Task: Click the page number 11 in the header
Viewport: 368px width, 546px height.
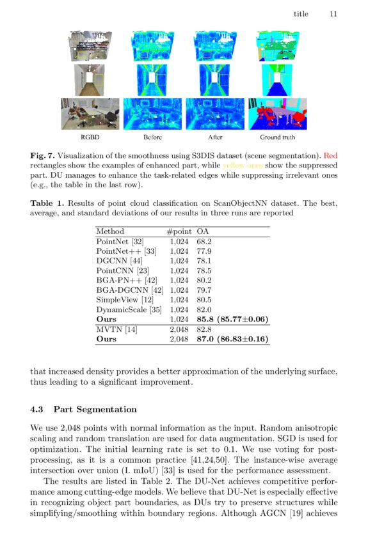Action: coord(333,13)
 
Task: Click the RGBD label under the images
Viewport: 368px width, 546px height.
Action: coord(90,137)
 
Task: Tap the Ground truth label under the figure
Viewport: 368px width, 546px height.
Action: coord(277,137)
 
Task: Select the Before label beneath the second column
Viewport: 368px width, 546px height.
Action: coord(152,137)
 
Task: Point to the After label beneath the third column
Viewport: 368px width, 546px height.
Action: coord(215,137)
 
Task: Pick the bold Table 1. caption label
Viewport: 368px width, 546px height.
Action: coord(47,203)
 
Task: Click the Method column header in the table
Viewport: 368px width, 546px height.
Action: coord(109,231)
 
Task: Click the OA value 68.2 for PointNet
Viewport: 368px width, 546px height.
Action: coord(204,242)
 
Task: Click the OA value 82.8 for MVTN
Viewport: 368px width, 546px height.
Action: coord(204,329)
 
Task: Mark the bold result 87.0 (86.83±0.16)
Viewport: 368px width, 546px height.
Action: coord(232,339)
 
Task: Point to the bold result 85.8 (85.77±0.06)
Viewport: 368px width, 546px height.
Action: coord(232,319)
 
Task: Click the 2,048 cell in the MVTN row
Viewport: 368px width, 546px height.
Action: coord(179,329)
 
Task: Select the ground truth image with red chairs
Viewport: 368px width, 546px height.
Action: coord(277,114)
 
